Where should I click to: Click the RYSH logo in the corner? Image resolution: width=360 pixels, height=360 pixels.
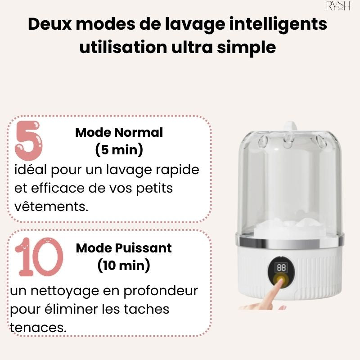(337, 6)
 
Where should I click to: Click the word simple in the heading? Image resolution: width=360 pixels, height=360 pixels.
(251, 46)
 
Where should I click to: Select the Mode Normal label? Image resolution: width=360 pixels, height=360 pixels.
(119, 133)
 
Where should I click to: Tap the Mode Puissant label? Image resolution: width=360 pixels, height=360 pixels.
(124, 248)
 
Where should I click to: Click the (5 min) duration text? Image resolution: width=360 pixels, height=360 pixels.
(119, 150)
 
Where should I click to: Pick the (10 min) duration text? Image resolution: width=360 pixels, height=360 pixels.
(124, 265)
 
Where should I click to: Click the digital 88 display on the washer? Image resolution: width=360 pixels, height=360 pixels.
(281, 267)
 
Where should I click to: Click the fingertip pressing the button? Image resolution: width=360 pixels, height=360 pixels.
(275, 287)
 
